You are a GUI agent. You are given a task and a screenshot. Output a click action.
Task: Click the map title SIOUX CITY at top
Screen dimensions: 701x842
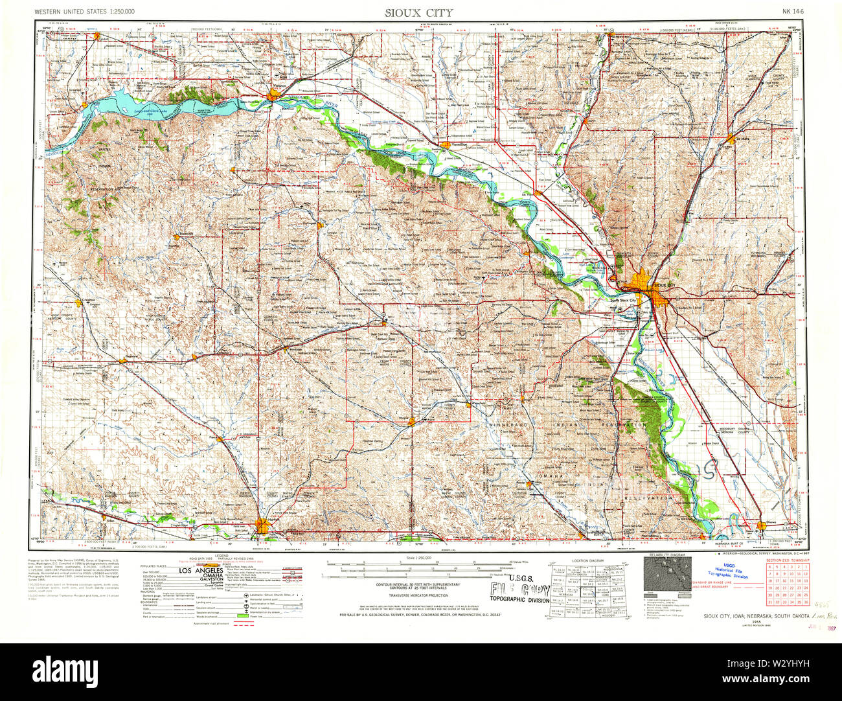tap(419, 12)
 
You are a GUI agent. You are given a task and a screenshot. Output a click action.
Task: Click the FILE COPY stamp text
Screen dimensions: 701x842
tap(519, 590)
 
